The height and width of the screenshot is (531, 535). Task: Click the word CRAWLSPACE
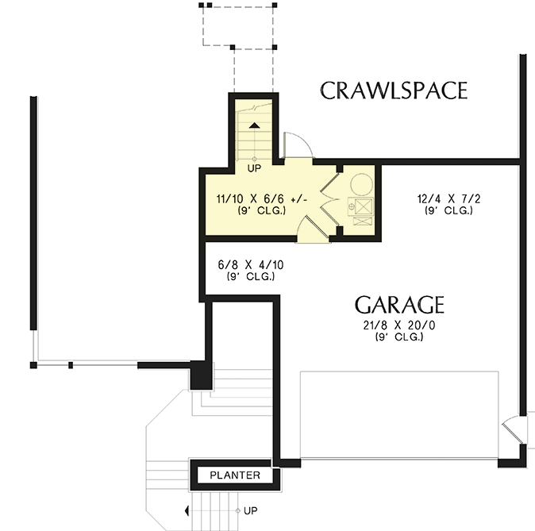[394, 90]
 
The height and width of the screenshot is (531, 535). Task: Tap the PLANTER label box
[235, 475]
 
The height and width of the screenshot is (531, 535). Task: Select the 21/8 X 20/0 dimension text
[399, 325]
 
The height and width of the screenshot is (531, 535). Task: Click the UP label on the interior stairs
[254, 168]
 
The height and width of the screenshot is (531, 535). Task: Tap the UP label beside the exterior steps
[250, 510]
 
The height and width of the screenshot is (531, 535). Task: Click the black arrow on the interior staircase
[254, 125]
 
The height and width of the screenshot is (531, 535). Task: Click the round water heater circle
[361, 185]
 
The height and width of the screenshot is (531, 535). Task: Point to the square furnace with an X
[362, 209]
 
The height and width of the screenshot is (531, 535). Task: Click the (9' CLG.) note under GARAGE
[399, 337]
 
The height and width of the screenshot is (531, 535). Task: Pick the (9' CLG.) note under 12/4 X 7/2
[448, 211]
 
